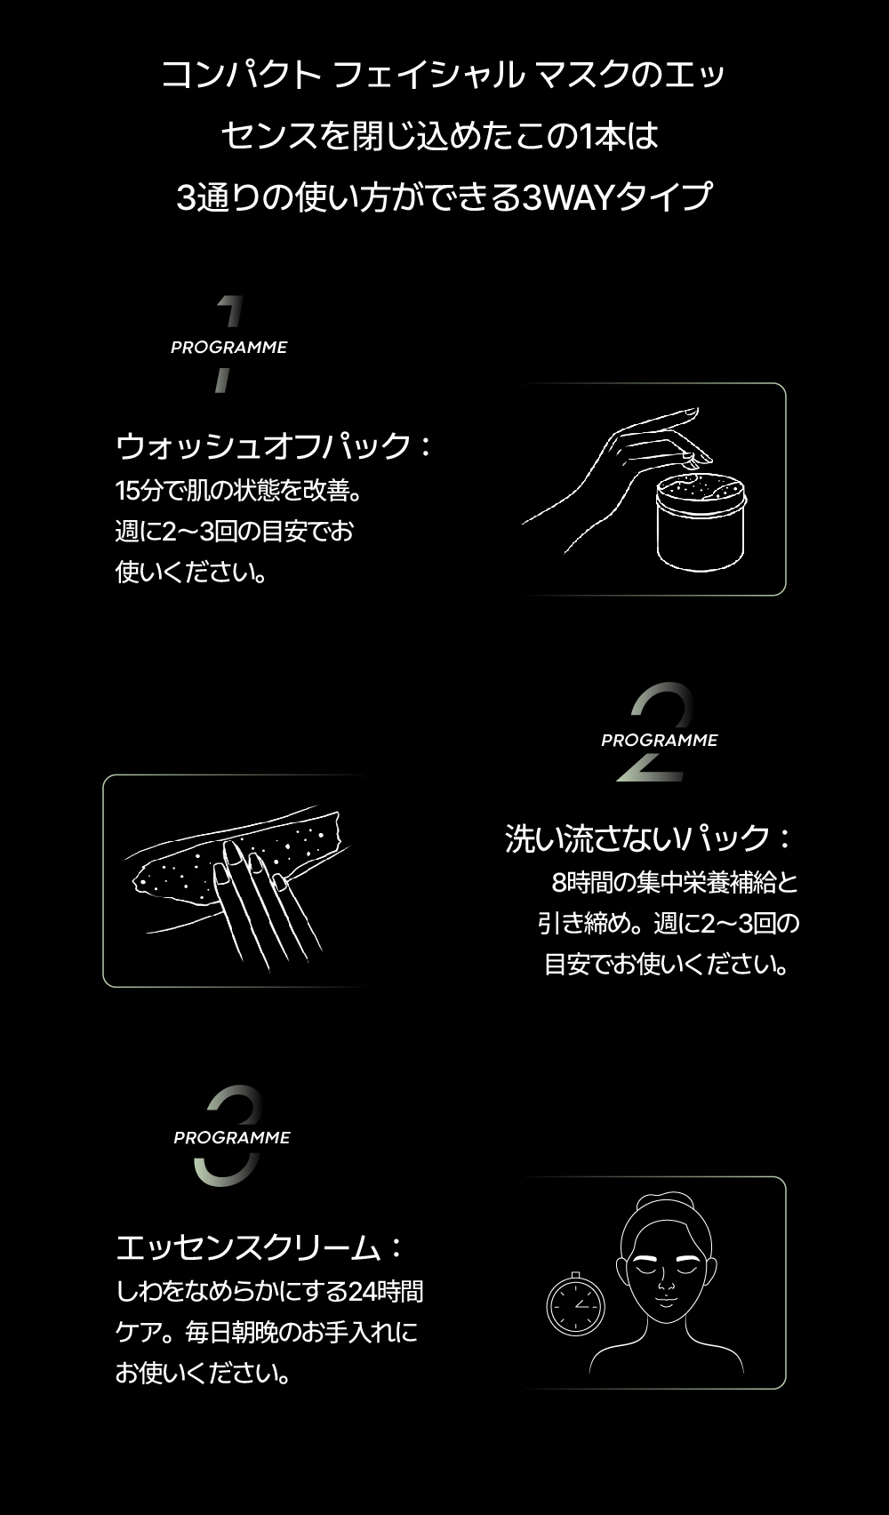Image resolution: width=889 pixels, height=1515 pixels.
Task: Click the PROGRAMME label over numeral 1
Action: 229,347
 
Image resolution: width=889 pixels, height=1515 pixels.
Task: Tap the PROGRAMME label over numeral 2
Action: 659,740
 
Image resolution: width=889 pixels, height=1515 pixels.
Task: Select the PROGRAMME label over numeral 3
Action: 232,1138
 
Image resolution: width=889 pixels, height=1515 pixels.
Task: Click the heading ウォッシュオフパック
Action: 263,446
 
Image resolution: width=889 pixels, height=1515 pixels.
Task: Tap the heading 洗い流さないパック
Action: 637,839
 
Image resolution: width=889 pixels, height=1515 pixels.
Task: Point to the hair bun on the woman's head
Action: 666,1199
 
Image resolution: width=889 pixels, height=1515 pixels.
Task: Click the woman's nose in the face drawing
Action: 666,1283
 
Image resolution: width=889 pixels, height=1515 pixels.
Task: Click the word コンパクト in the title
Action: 241,75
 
